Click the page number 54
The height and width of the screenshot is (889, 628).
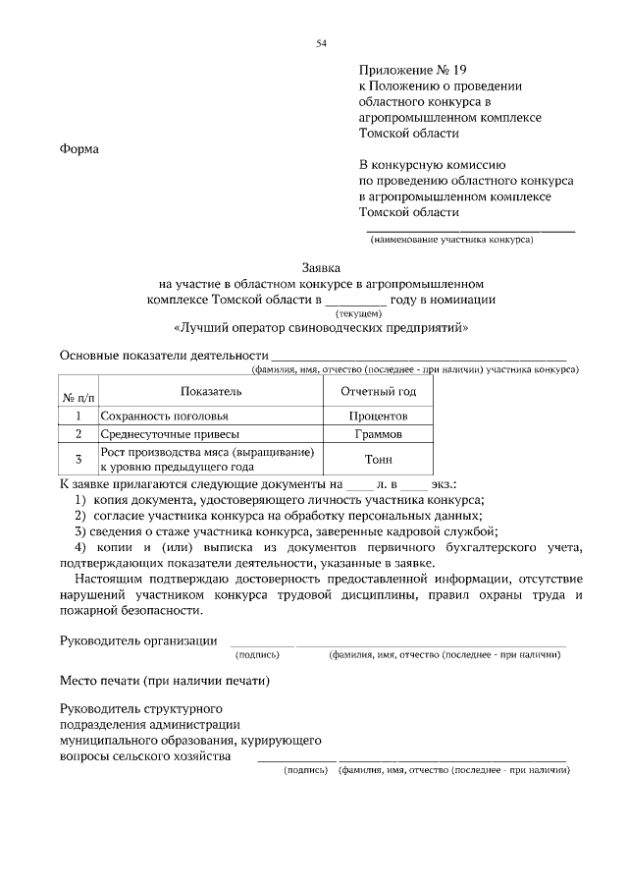coord(321,43)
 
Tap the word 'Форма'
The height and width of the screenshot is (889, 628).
coord(79,149)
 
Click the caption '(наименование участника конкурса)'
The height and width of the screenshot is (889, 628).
coord(451,240)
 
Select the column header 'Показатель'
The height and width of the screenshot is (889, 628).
coord(211,391)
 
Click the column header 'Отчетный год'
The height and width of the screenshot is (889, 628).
coord(378,391)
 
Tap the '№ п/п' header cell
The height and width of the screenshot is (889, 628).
coord(78,397)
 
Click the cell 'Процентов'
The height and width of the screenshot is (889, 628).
coord(378,416)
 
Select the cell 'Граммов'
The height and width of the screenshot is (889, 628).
coord(378,433)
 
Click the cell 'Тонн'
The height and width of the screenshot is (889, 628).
coord(378,460)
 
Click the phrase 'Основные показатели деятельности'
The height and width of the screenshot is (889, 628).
coord(164,356)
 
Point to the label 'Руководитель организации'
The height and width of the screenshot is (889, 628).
coord(138,641)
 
